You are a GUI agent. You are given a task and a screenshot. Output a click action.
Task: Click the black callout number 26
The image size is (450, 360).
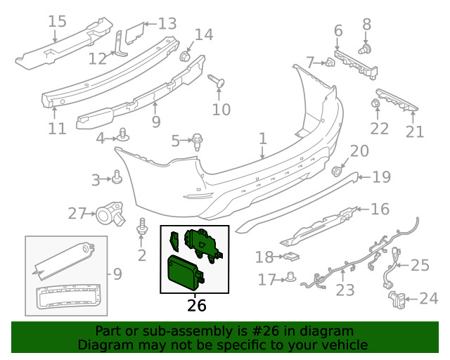[197, 305]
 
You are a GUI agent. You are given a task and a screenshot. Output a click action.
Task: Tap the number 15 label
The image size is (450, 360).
[57, 22]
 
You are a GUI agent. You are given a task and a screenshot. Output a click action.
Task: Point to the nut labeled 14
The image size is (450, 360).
[186, 56]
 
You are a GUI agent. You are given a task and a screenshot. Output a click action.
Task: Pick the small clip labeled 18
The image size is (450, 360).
[291, 257]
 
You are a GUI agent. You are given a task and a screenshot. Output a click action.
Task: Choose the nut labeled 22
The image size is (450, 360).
[375, 103]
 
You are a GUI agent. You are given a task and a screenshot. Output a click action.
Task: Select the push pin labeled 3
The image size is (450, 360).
[117, 176]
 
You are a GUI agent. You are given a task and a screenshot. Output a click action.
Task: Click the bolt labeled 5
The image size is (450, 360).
[197, 142]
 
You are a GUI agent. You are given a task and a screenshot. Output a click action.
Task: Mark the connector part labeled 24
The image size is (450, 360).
[397, 300]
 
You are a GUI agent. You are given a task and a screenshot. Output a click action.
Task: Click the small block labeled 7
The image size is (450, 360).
[330, 62]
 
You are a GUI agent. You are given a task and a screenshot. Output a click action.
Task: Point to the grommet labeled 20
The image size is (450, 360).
[336, 171]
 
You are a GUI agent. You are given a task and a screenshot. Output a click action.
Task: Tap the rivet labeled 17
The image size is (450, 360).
[292, 276]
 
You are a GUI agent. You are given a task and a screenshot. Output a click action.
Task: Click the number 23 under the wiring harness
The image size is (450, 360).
[345, 290]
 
